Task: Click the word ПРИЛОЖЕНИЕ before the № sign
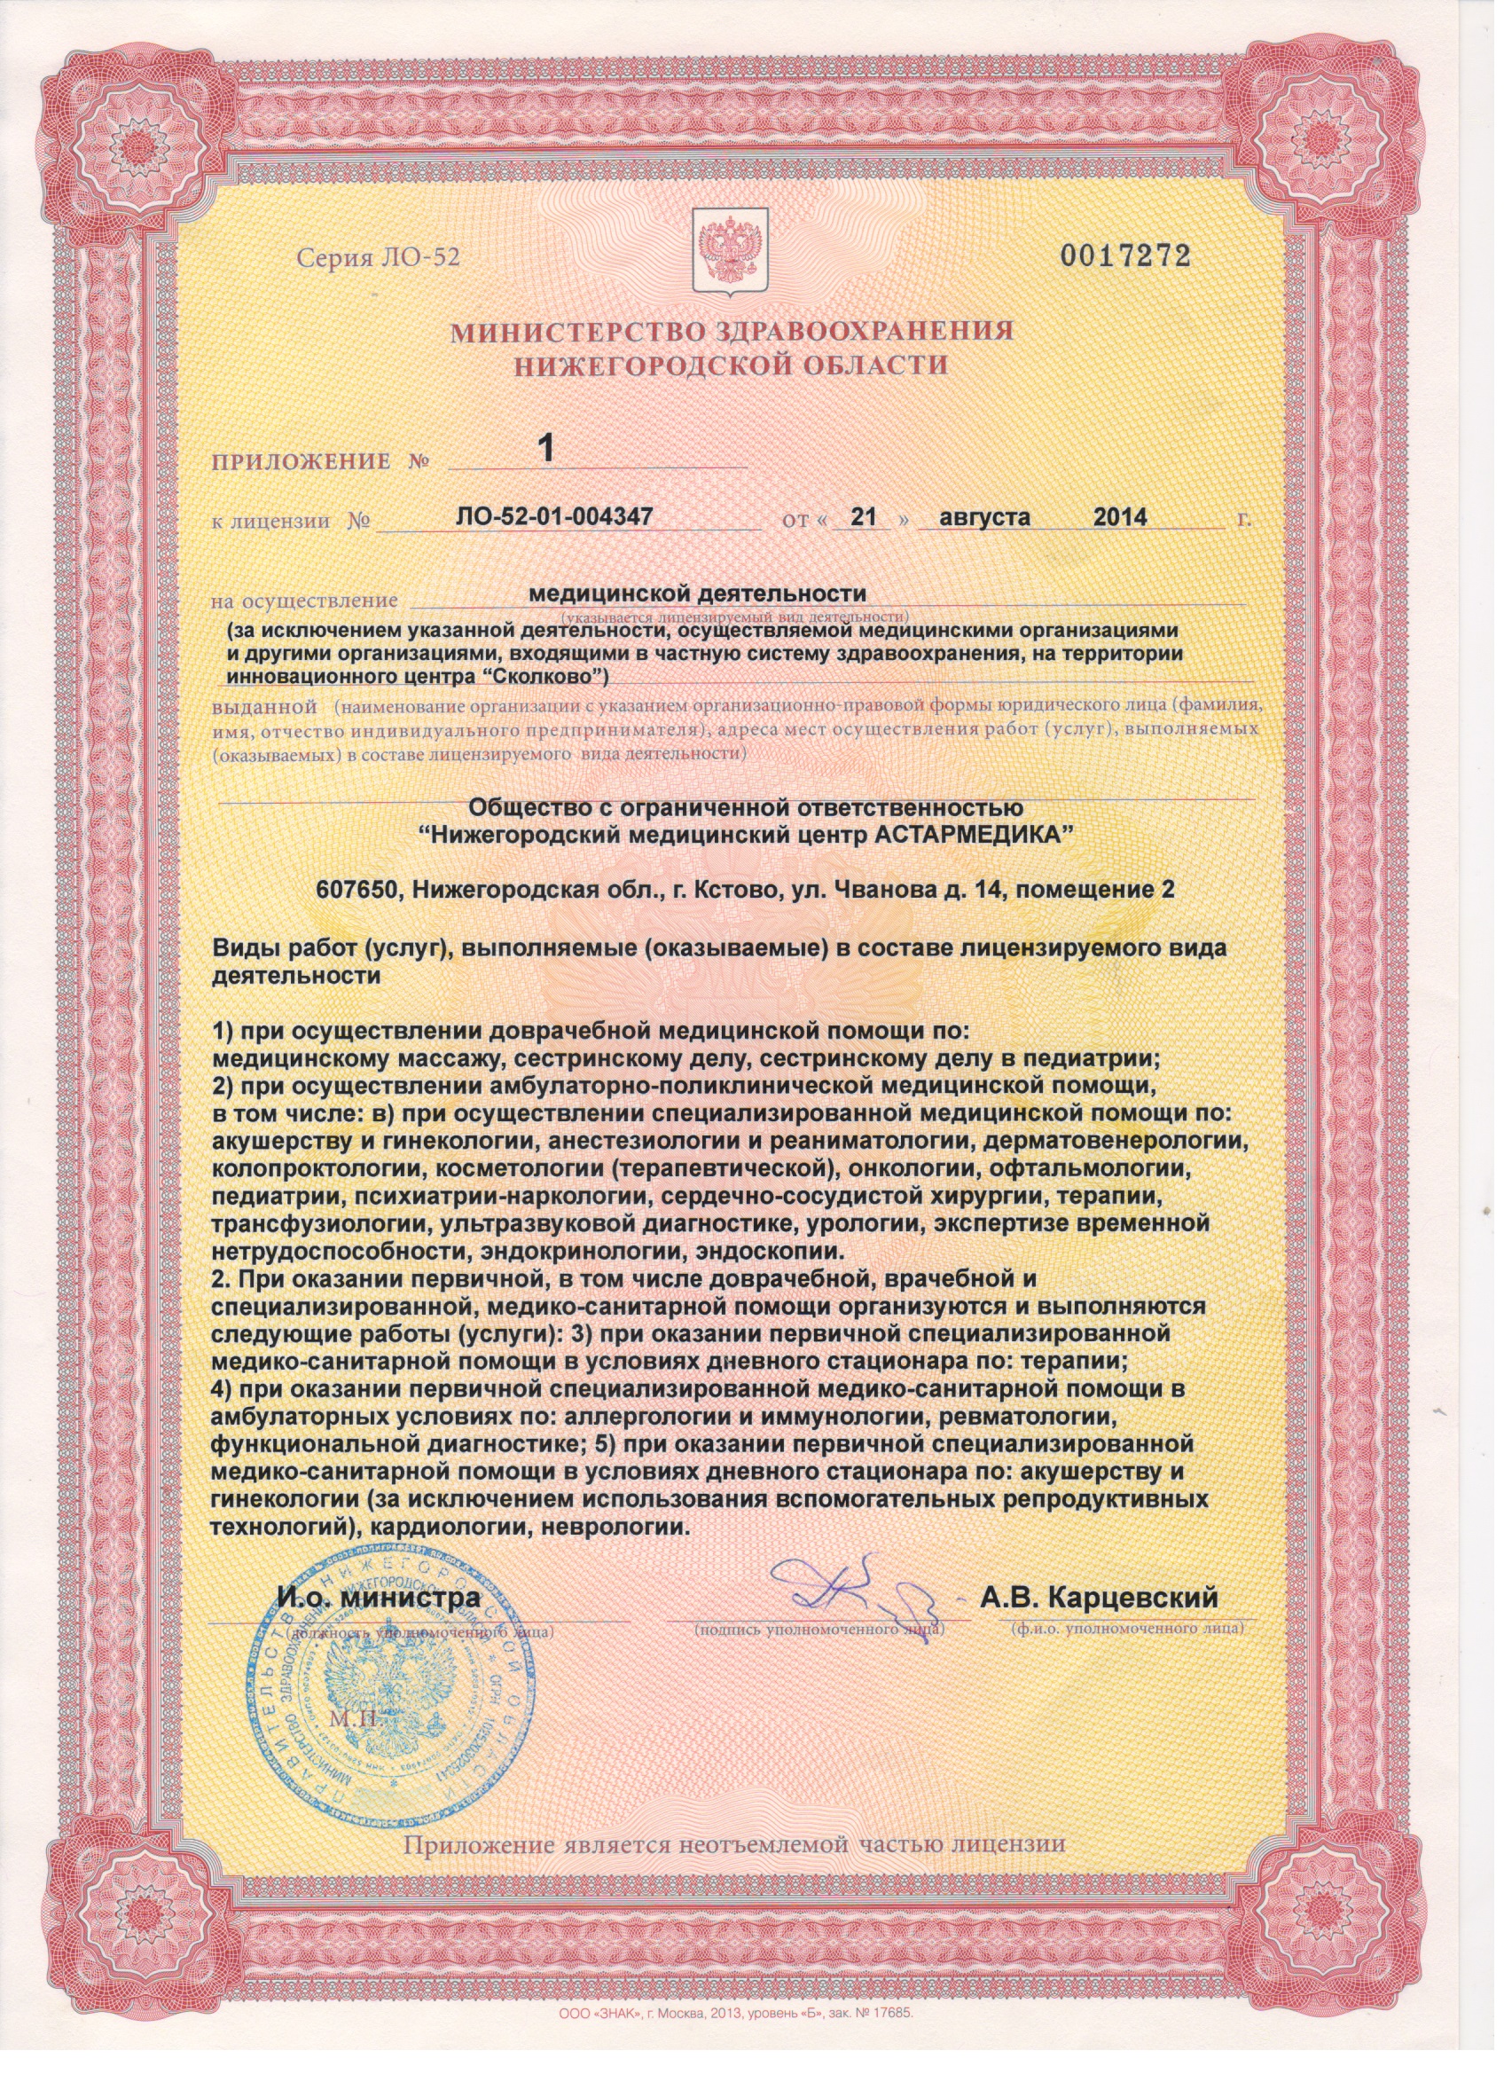[301, 462]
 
